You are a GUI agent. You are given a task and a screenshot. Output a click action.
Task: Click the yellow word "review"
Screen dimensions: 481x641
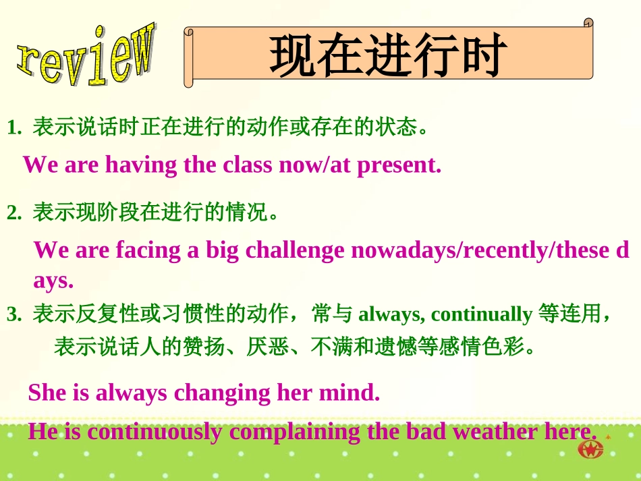86,56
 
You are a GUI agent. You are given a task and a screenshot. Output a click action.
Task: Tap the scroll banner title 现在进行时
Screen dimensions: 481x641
388,55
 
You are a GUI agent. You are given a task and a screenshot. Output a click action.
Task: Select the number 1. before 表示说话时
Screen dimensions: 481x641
15,128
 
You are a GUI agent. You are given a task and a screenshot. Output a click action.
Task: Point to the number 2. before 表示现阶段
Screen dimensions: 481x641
15,214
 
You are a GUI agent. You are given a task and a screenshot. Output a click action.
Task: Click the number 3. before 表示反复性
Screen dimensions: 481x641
15,314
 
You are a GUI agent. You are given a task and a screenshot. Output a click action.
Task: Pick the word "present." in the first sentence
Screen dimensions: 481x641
399,165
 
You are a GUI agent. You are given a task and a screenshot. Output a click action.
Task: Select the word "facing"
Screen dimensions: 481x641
148,250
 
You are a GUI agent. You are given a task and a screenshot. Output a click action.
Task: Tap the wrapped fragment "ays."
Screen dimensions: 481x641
53,280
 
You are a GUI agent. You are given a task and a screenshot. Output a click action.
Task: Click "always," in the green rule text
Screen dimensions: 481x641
391,314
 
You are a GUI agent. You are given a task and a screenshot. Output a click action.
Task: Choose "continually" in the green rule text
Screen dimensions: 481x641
481,314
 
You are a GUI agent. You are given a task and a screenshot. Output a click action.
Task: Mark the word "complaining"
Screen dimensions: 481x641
296,432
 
